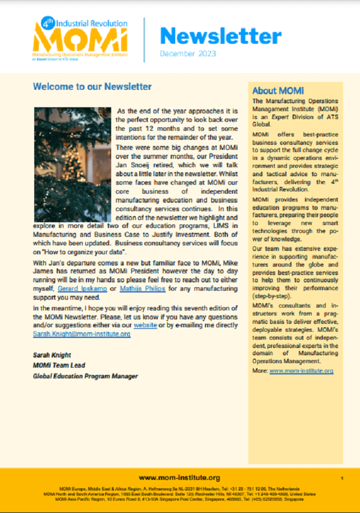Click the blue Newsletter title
pos(220,36)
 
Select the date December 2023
pos(188,54)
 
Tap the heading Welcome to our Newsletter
pos(92,86)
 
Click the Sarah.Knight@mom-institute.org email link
pos(82,334)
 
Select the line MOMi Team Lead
pos(59,365)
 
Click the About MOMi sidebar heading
pos(278,90)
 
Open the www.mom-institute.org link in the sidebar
pos(309,371)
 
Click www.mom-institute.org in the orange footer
pos(179,477)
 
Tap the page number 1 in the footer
pos(342,478)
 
